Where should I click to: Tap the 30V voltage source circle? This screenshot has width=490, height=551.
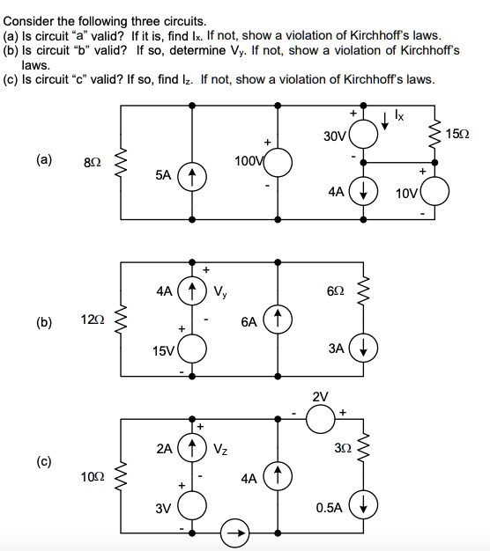pos(364,136)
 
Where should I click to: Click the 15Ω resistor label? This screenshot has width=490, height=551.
pos(460,134)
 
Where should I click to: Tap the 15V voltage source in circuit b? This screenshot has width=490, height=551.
pos(192,350)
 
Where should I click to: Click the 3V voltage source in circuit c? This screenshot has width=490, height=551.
pos(192,507)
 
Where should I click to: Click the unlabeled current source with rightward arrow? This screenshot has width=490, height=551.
pos(235,531)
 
